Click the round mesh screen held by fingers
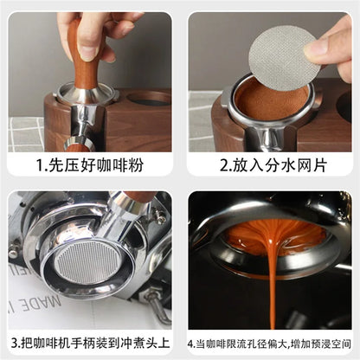[x=281, y=58]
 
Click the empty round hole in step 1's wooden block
[x=148, y=98]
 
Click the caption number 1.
[x=39, y=165]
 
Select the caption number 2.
[x=224, y=165]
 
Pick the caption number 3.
[x=14, y=344]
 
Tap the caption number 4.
[x=190, y=344]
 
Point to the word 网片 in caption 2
[x=311, y=165]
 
